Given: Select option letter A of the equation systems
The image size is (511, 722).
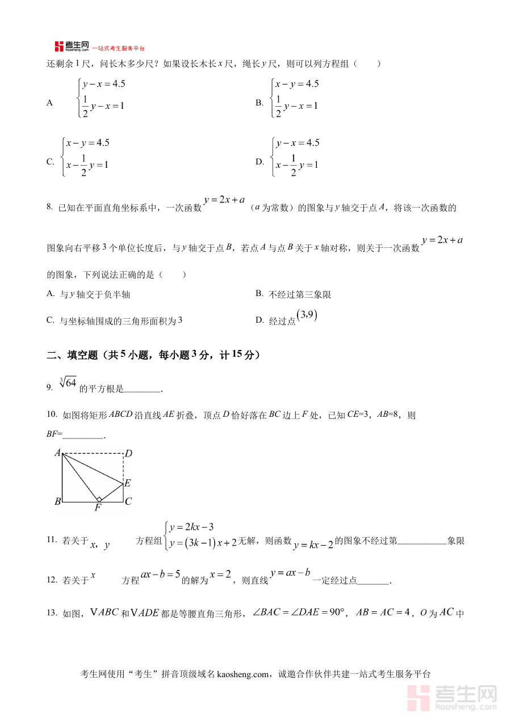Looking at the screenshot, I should [x=50, y=103].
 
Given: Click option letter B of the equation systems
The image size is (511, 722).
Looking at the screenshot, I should [x=259, y=103].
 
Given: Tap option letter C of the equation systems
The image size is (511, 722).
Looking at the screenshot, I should [x=50, y=162].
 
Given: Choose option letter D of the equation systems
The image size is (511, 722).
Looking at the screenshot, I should [x=259, y=162].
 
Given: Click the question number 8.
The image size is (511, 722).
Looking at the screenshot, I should [x=49, y=208].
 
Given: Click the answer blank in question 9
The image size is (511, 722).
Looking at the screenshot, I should [x=143, y=390].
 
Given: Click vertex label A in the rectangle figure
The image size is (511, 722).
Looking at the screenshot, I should [x=57, y=453].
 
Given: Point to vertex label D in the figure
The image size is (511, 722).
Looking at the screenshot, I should [x=128, y=454].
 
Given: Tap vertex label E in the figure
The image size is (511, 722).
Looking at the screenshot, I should [x=128, y=483].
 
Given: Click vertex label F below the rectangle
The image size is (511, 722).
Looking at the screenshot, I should [x=97, y=508].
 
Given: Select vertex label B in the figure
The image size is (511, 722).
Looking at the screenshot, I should [x=57, y=501].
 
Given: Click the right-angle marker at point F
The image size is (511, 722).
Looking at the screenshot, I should [x=98, y=499].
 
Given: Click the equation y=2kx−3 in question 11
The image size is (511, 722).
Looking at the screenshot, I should [x=191, y=527].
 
